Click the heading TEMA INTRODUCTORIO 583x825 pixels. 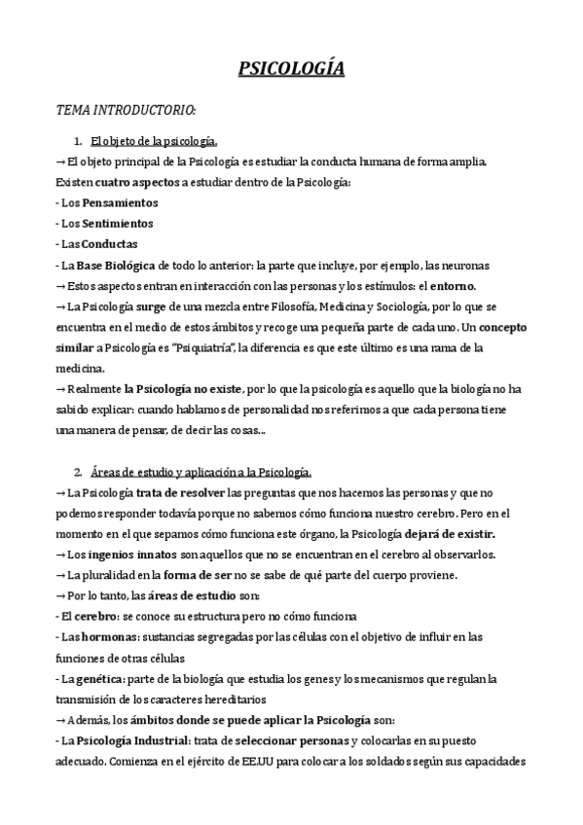coord(127,109)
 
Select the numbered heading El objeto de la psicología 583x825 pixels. coord(154,141)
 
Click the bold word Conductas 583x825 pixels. coord(110,244)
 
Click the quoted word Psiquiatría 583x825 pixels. coord(219,348)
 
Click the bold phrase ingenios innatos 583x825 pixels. coord(119,556)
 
